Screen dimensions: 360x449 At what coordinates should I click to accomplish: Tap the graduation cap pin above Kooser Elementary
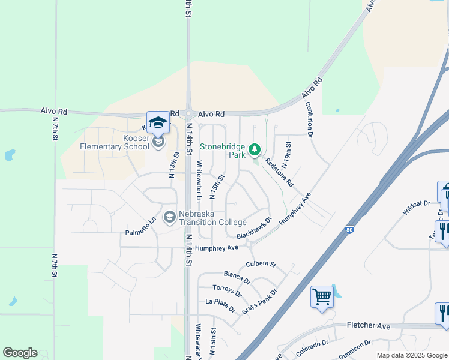click(158, 122)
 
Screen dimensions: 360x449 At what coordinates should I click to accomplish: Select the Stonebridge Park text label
click(223, 150)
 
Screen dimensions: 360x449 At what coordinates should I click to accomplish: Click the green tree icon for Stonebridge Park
click(255, 148)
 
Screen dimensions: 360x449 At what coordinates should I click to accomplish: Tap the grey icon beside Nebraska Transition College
click(170, 216)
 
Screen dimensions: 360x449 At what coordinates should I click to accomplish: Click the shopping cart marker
click(322, 296)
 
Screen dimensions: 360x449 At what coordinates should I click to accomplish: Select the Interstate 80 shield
click(350, 229)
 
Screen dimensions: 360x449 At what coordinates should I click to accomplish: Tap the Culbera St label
click(261, 264)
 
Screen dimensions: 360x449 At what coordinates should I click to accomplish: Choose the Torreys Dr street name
click(227, 290)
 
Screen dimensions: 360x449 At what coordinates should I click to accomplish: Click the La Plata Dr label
click(220, 305)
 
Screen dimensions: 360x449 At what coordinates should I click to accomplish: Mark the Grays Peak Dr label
click(259, 302)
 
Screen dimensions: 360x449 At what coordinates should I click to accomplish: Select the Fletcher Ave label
click(369, 326)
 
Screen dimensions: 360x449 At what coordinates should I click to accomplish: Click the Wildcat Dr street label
click(417, 208)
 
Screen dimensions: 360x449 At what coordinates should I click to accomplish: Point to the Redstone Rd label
click(279, 172)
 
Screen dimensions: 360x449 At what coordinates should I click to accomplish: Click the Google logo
click(20, 353)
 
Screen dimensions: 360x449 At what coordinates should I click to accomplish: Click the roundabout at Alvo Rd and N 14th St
click(188, 114)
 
